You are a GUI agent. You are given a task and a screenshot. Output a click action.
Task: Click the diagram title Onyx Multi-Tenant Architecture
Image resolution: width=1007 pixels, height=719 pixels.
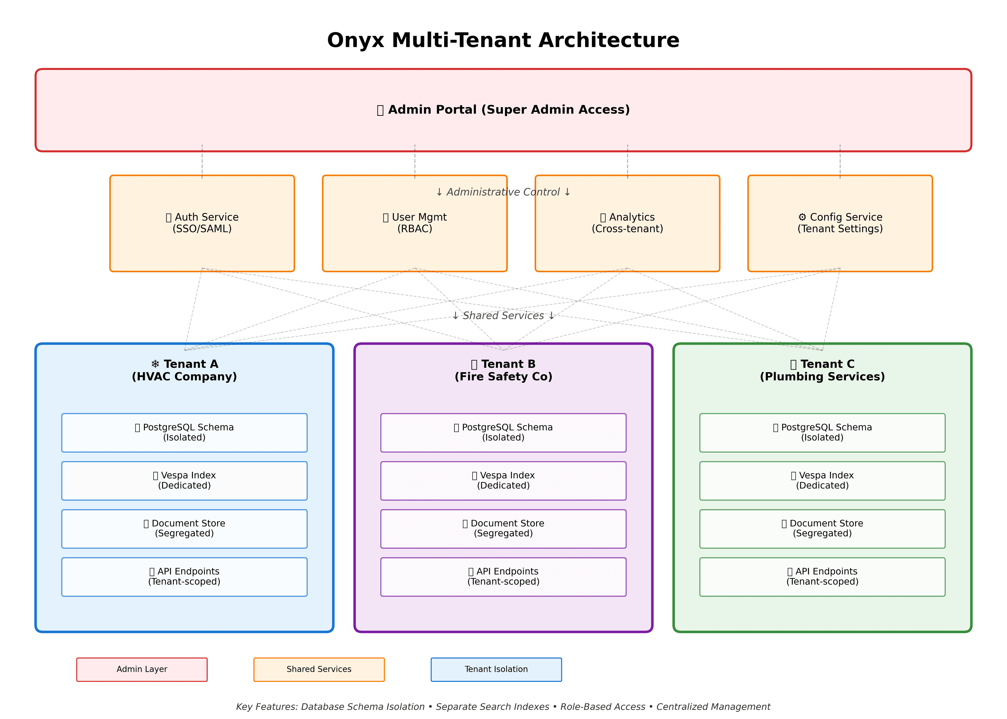click(x=503, y=40)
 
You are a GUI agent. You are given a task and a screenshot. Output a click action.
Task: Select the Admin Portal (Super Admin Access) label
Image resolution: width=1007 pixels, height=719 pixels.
click(x=503, y=110)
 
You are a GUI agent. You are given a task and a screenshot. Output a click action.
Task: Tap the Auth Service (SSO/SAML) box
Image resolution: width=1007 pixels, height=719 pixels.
click(x=202, y=223)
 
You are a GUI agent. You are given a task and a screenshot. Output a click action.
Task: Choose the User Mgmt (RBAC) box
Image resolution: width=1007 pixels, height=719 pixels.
click(x=415, y=223)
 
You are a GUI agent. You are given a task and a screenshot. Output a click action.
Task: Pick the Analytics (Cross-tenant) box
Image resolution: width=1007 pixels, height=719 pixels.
click(x=627, y=223)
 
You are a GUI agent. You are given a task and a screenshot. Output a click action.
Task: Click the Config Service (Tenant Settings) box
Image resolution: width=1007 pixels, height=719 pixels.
click(x=840, y=223)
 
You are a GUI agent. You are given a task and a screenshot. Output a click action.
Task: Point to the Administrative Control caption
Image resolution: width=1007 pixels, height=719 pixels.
click(x=503, y=192)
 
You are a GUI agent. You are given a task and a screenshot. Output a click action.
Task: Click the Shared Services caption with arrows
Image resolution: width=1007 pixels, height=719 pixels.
click(x=503, y=316)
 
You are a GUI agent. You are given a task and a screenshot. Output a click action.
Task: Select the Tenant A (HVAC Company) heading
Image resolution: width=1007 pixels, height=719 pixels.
click(x=184, y=370)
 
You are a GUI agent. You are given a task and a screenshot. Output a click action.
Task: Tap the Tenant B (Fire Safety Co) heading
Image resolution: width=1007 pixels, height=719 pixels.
click(x=503, y=370)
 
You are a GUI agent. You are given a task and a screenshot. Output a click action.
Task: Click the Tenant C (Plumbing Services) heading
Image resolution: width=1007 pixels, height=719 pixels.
click(x=822, y=370)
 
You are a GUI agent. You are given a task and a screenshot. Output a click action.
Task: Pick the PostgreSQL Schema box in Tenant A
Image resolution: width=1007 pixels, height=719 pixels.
click(x=184, y=433)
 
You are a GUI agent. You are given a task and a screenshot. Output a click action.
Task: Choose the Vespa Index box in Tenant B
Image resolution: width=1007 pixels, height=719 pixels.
click(x=503, y=480)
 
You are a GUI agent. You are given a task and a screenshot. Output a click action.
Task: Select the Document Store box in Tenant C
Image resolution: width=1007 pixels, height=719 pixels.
click(x=822, y=529)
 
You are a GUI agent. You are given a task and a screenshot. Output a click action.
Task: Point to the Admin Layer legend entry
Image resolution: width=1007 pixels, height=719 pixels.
click(x=142, y=669)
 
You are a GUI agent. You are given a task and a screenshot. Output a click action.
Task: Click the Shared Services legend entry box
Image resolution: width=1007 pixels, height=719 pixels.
click(x=319, y=669)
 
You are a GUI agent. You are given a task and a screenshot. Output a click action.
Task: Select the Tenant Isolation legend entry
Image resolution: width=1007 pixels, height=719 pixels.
click(x=496, y=669)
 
